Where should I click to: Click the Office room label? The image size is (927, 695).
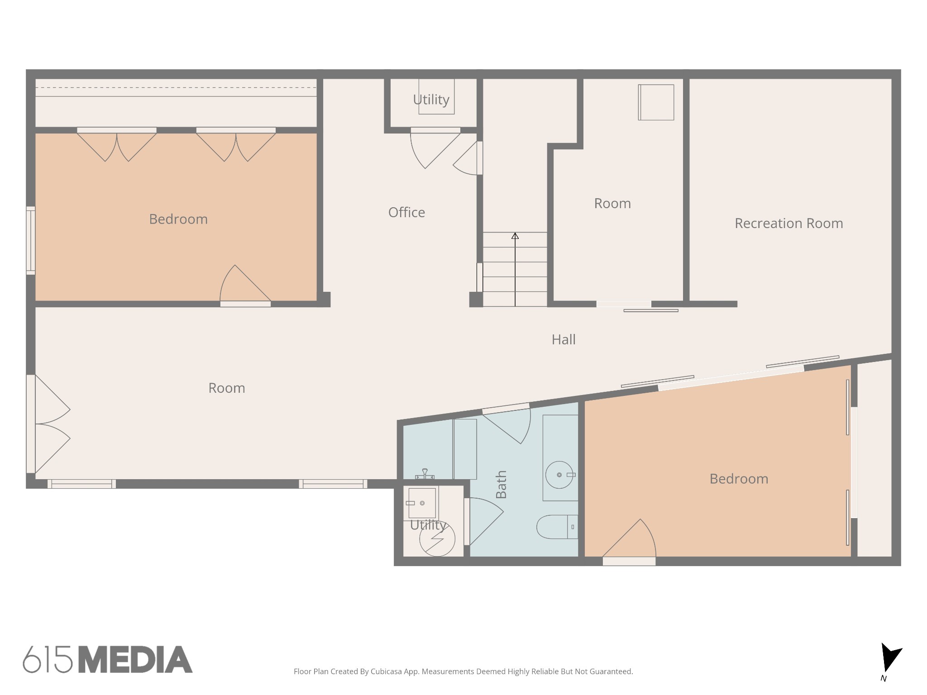(x=406, y=212)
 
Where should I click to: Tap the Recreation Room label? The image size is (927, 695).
(x=788, y=223)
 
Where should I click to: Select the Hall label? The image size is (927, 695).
(x=564, y=339)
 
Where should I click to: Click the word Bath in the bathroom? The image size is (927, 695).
(x=501, y=485)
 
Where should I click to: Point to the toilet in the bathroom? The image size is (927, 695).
(x=557, y=527)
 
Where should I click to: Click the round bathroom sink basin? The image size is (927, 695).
(x=559, y=475)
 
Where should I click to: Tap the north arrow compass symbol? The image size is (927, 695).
(x=890, y=658)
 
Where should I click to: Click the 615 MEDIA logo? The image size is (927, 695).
(x=108, y=659)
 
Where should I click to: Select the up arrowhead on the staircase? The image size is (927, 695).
(x=515, y=236)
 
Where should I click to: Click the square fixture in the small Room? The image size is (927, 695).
(x=656, y=102)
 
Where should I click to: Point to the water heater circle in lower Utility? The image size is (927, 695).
(x=437, y=538)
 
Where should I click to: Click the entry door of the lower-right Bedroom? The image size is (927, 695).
(x=629, y=541)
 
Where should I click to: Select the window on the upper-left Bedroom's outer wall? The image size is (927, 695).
(x=31, y=241)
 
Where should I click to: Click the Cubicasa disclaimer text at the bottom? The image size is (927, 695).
(x=463, y=671)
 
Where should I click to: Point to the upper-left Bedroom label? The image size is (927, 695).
(x=178, y=219)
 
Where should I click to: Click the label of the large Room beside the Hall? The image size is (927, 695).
(x=227, y=388)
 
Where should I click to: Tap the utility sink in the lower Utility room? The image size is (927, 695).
(x=422, y=503)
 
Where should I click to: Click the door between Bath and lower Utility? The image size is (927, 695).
(x=483, y=521)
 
